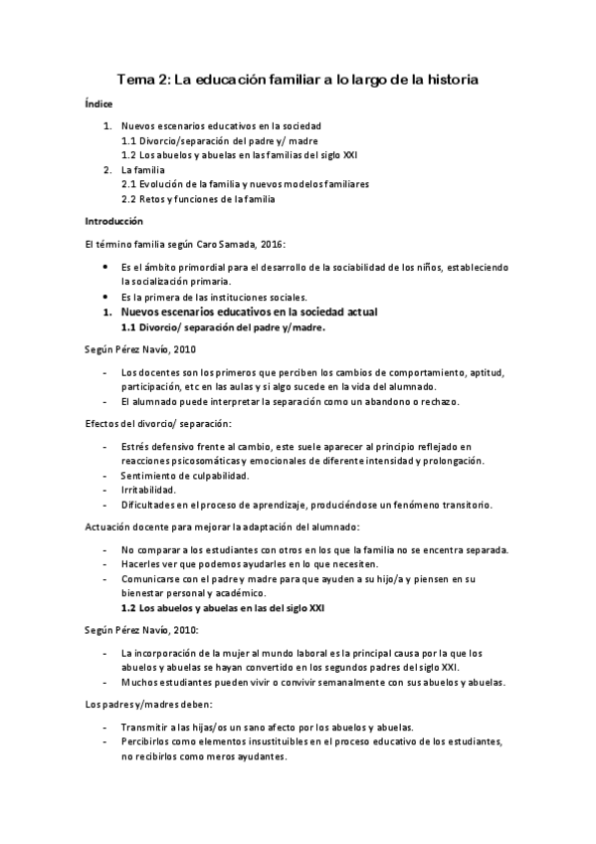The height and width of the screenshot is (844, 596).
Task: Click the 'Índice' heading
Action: click(x=99, y=105)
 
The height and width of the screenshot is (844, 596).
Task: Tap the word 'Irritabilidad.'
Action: click(x=148, y=490)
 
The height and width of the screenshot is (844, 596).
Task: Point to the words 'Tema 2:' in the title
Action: click(x=142, y=79)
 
